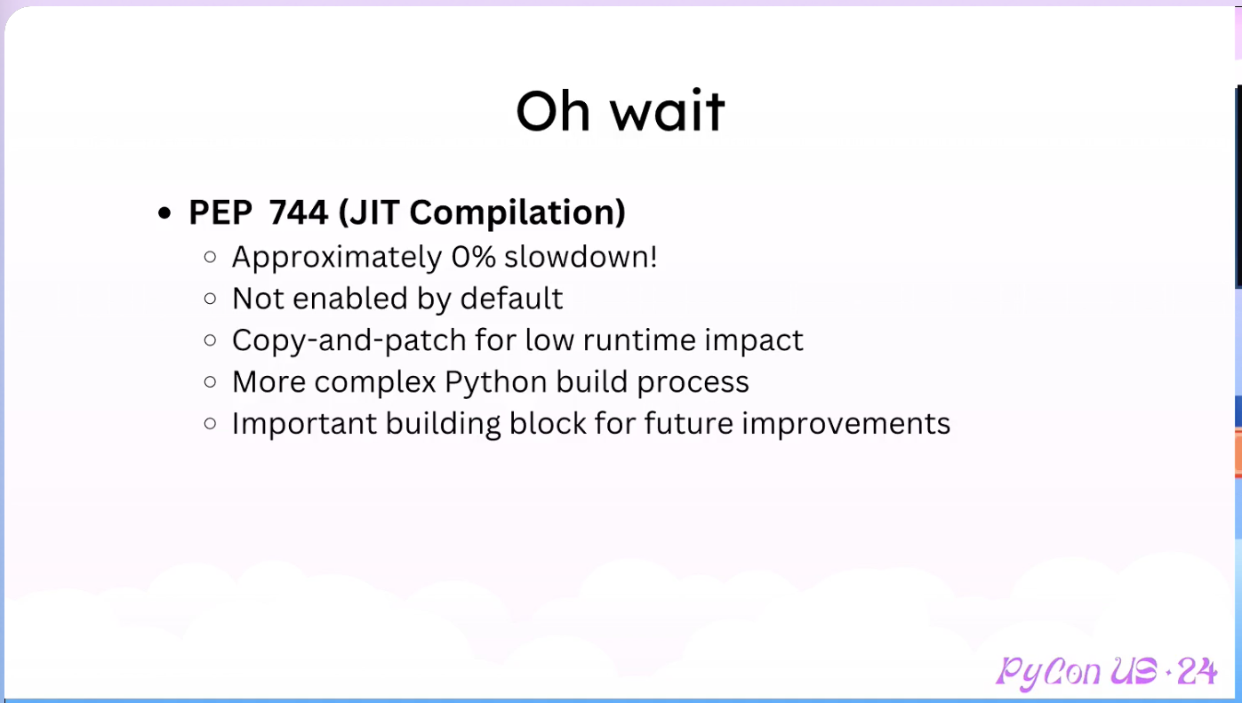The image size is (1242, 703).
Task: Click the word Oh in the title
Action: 553,111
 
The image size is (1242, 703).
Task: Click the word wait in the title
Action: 669,110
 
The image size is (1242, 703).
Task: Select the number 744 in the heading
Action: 299,212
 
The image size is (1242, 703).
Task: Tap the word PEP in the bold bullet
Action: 220,212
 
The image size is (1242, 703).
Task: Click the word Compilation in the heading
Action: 517,213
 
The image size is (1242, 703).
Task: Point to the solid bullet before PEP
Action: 164,213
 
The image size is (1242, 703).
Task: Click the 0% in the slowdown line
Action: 474,257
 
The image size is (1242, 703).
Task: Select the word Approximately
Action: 337,259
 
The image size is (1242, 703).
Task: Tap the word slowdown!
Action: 581,257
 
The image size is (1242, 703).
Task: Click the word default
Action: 511,299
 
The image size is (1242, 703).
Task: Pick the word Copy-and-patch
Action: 349,340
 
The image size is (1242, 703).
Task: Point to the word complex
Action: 375,383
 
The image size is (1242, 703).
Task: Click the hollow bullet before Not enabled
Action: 210,299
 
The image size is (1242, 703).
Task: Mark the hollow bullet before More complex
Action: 210,382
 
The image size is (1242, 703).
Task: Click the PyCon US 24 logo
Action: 1106,673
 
